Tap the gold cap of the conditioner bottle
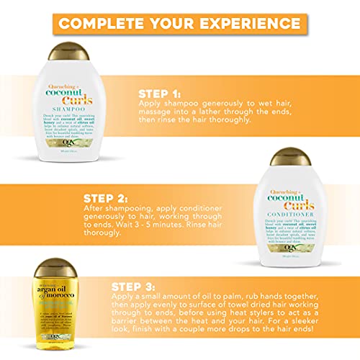(x=294, y=150)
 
